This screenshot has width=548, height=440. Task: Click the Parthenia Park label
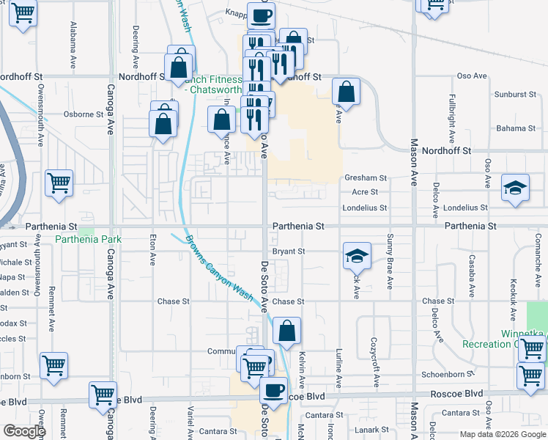tap(89, 239)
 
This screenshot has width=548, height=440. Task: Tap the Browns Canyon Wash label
tap(218, 268)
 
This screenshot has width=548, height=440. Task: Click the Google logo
tap(24, 431)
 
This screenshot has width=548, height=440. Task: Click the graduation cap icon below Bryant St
tap(357, 254)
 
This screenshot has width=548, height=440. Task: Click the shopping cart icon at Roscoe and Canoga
tap(103, 394)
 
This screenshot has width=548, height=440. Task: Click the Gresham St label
tap(365, 177)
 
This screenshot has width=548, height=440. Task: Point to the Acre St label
tap(364, 192)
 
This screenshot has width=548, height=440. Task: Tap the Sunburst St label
tap(511, 95)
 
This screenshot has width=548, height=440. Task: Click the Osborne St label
tap(84, 114)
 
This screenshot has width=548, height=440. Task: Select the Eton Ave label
tap(152, 249)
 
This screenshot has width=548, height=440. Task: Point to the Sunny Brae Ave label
tap(390, 253)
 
